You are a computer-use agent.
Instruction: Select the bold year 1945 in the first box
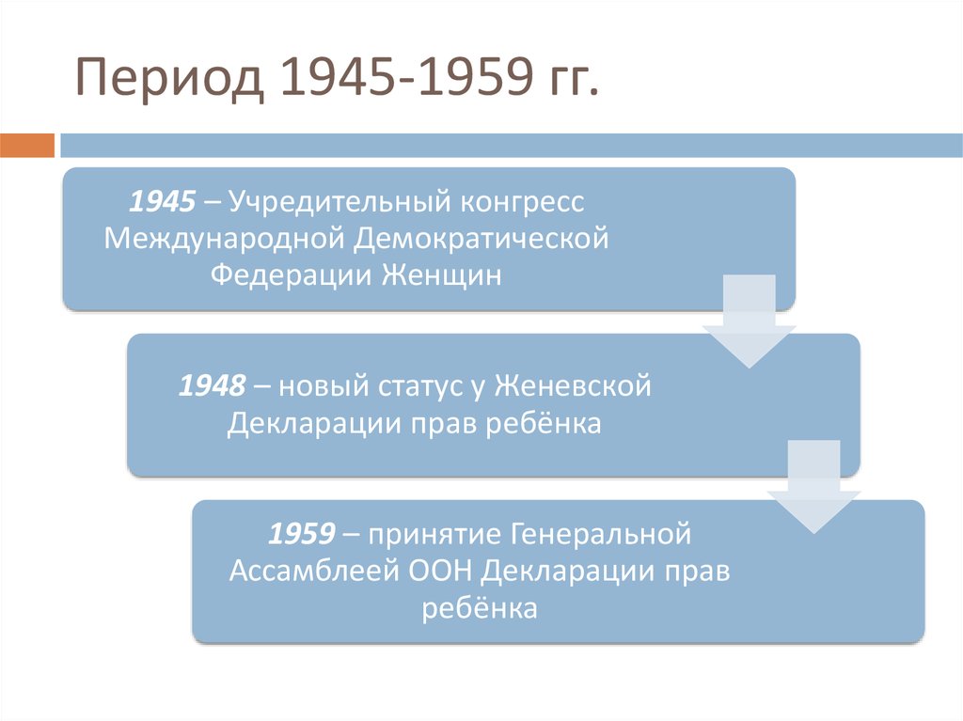tap(164, 201)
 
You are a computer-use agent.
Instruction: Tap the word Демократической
tap(481, 238)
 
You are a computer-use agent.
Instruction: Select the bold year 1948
tap(213, 386)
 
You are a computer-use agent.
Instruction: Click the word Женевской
tap(573, 386)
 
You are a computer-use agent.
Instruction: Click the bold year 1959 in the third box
tap(302, 534)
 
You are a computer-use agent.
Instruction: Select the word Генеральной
tap(602, 534)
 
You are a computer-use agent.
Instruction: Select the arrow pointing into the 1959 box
tap(813, 488)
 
